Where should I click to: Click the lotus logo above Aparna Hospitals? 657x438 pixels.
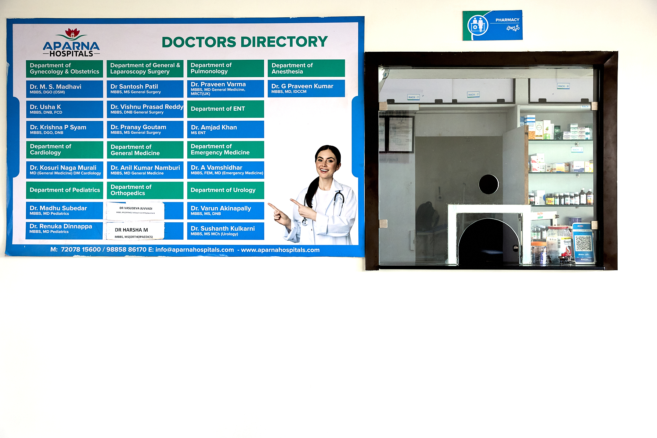pyautogui.click(x=72, y=33)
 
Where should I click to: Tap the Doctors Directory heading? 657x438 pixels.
pyautogui.click(x=244, y=42)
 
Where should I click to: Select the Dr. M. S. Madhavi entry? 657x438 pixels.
pyautogui.click(x=64, y=89)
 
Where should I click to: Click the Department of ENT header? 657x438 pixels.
pyautogui.click(x=225, y=109)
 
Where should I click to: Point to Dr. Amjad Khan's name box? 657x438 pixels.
pyautogui.click(x=225, y=129)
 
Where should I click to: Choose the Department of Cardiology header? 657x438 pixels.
pyautogui.click(x=64, y=150)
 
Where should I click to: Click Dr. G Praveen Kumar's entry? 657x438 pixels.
pyautogui.click(x=306, y=88)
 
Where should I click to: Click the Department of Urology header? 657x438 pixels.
pyautogui.click(x=225, y=190)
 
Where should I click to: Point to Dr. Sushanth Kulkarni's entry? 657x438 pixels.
pyautogui.click(x=225, y=231)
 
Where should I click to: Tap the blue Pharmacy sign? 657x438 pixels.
pyautogui.click(x=492, y=25)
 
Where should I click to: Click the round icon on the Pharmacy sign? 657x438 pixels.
pyautogui.click(x=478, y=25)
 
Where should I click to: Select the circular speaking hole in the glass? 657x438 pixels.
pyautogui.click(x=488, y=184)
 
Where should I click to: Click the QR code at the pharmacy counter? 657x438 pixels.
pyautogui.click(x=583, y=244)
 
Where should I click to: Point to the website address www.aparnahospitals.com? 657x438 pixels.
pyautogui.click(x=280, y=250)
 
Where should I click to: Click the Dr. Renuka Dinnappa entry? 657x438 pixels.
pyautogui.click(x=64, y=229)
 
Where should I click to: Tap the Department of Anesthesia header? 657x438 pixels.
pyautogui.click(x=306, y=68)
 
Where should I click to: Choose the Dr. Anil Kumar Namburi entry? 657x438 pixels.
pyautogui.click(x=145, y=170)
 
